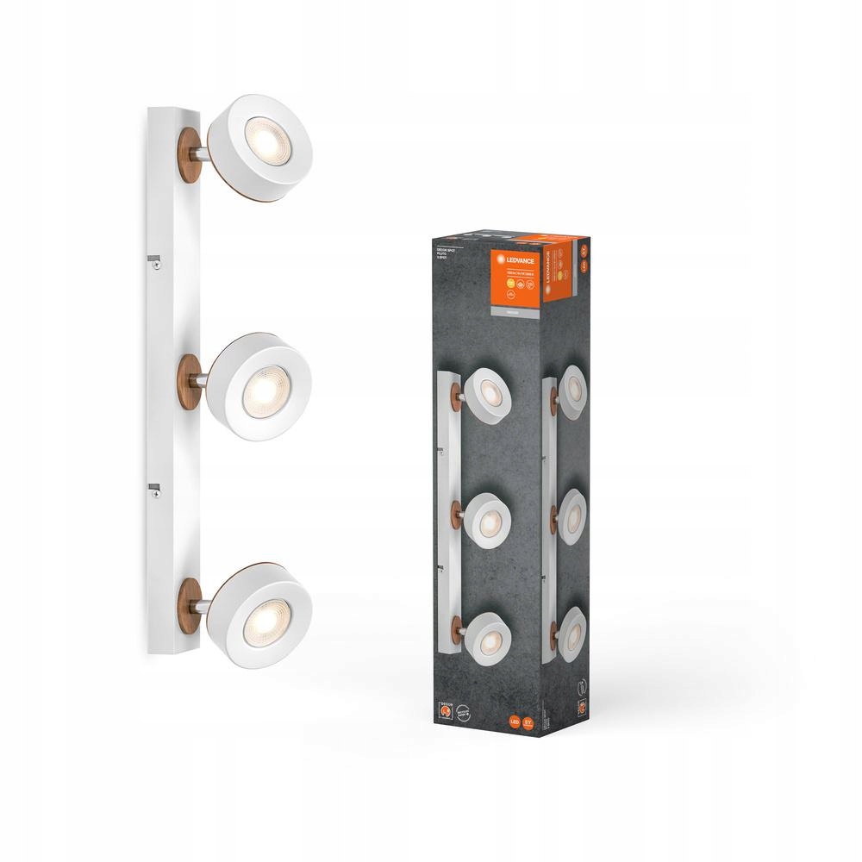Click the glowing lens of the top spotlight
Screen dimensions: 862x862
tap(262, 136)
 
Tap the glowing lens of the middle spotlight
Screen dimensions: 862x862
tap(260, 390)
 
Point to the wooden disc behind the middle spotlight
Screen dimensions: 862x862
tap(191, 379)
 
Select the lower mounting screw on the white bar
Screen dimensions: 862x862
tap(156, 494)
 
